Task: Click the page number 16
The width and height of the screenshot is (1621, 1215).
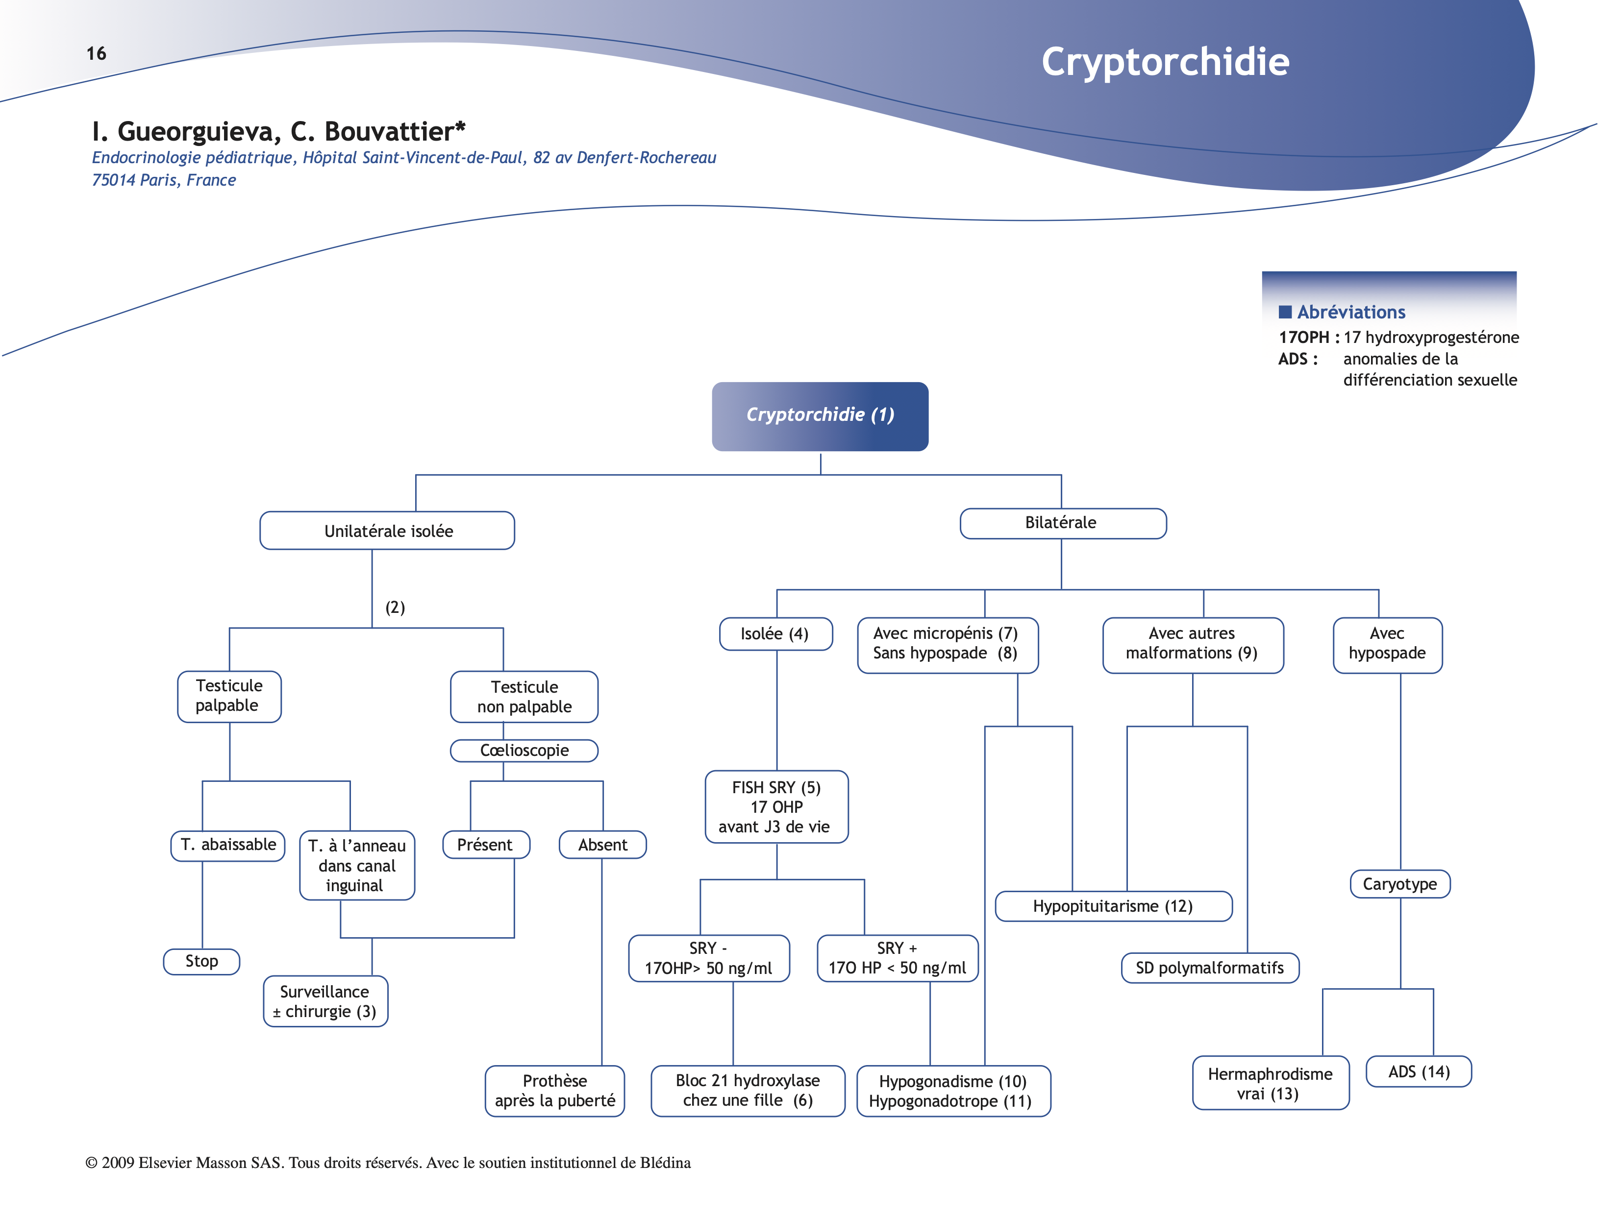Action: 96,53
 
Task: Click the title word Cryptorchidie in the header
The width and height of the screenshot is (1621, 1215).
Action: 1165,62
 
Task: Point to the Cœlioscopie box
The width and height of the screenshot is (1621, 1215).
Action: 524,751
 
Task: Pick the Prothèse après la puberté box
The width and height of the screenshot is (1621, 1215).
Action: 555,1091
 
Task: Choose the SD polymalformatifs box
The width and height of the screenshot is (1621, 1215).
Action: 1209,968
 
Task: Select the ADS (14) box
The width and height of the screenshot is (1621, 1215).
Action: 1418,1071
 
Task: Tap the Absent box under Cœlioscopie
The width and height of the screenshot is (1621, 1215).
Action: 602,845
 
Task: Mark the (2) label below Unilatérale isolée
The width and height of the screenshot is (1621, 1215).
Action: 395,607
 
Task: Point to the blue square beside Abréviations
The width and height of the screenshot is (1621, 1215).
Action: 1285,312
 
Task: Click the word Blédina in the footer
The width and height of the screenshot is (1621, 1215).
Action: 665,1163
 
